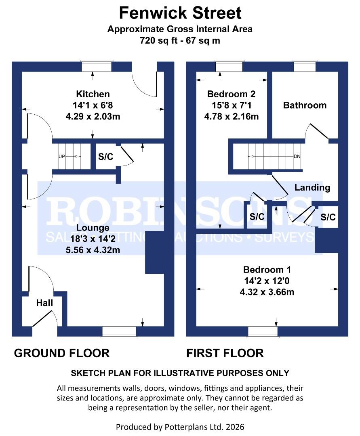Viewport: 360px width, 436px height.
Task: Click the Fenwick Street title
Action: pos(180,13)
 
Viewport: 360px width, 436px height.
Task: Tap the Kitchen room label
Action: pos(93,94)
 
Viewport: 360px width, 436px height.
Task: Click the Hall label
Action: pos(44,303)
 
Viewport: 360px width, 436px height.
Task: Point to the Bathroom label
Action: pos(305,105)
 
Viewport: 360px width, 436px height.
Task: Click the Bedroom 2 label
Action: pos(231,94)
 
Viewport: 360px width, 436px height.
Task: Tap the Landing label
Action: pos(312,187)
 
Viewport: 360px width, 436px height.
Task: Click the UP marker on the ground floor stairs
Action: pos(62,156)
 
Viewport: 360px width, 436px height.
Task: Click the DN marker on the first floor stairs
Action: pos(297,156)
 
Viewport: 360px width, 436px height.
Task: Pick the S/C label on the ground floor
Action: pos(106,157)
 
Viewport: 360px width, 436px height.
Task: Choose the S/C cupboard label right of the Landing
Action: pos(328,217)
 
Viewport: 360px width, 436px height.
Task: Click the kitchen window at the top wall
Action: pos(96,66)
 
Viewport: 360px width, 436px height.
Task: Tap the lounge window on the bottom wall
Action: pos(119,331)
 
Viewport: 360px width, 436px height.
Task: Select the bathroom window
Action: pos(305,66)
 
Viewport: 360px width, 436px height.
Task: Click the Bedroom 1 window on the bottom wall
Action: pos(263,331)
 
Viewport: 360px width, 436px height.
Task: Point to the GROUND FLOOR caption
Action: pos(62,353)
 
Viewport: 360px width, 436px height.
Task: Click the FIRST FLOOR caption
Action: pos(225,353)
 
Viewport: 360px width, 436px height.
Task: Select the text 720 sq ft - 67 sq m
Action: pos(180,40)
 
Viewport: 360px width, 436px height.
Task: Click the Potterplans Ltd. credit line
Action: pos(180,426)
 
